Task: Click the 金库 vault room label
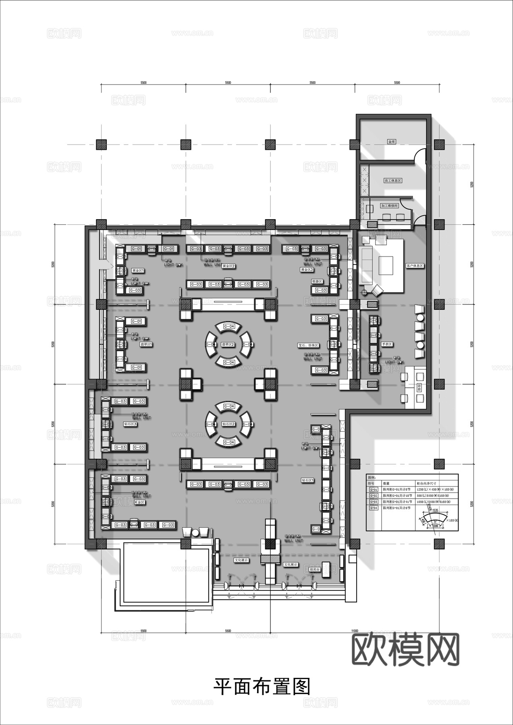[x=391, y=142]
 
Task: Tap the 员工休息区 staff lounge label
[x=393, y=181]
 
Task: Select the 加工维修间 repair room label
[x=390, y=206]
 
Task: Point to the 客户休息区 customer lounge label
[x=415, y=266]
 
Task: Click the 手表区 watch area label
[x=387, y=344]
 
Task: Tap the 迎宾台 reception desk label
[x=315, y=570]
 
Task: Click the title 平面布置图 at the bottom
[x=262, y=686]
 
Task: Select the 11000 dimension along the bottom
[x=354, y=631]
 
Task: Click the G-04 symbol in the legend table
[x=374, y=508]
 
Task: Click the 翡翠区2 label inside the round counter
[x=228, y=344]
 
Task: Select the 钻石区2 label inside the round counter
[x=228, y=424]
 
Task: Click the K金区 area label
[x=139, y=502]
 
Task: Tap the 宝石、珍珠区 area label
[x=309, y=346]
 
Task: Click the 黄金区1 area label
[x=138, y=270]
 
